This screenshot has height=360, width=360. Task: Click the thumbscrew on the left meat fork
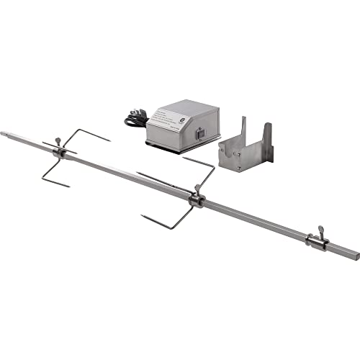pyautogui.click(x=58, y=142)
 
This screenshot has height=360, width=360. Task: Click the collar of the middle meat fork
pyautogui.click(x=195, y=199)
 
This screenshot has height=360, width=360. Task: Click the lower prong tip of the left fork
pyautogui.click(x=69, y=186)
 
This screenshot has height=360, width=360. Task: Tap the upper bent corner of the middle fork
pyautogui.click(x=213, y=166)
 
